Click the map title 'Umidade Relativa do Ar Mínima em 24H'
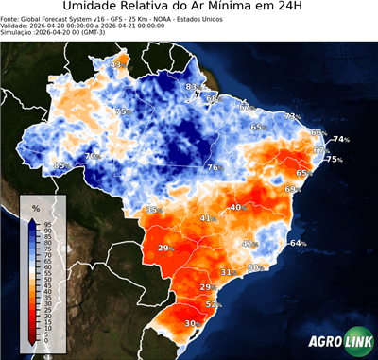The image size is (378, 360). pyautogui.click(x=189, y=9)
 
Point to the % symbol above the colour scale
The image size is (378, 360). pyautogui.click(x=35, y=207)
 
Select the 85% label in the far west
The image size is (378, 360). pyautogui.click(x=61, y=165)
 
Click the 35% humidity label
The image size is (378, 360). pyautogui.click(x=153, y=209)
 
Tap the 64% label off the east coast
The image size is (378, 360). pyautogui.click(x=298, y=244)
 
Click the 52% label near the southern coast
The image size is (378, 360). pyautogui.click(x=213, y=304)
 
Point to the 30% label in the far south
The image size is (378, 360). pyautogui.click(x=191, y=323)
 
